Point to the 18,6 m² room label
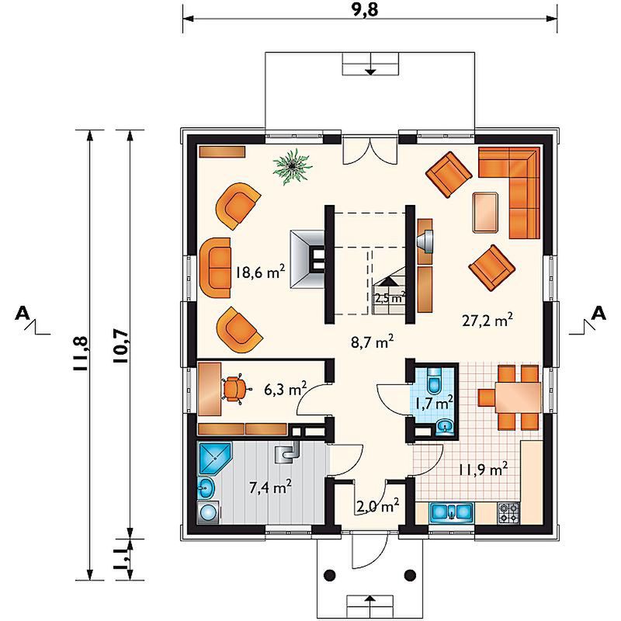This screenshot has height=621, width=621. (x=260, y=272)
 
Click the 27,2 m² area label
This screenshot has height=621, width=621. (x=487, y=320)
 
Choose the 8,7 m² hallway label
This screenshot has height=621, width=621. (x=373, y=342)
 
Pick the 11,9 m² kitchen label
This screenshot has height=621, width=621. (x=483, y=470)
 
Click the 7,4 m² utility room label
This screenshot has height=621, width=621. (x=270, y=487)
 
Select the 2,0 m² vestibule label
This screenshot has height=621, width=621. (x=376, y=505)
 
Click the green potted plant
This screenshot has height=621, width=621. (x=293, y=166)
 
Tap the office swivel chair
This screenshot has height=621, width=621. (x=235, y=390)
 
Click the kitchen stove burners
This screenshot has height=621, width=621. (x=508, y=513)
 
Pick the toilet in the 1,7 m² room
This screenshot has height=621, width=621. (x=434, y=380)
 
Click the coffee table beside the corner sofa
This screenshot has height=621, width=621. (x=486, y=212)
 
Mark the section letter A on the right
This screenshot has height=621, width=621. (x=598, y=314)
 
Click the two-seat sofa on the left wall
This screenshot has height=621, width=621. (x=216, y=268)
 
